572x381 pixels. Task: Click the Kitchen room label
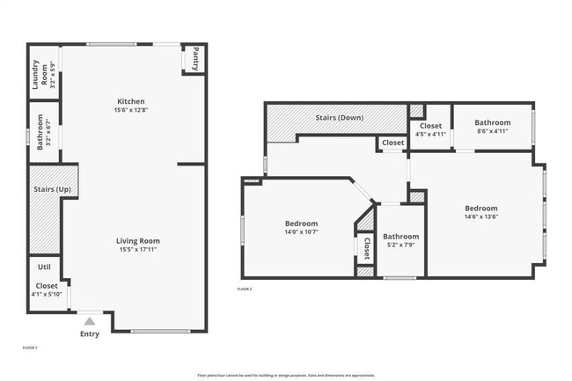[131, 101]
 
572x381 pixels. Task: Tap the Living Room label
[138, 240]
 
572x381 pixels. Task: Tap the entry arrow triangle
[90, 322]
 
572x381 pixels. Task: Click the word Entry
[90, 334]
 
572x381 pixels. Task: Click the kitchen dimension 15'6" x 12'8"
[131, 110]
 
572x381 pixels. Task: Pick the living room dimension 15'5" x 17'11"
[138, 249]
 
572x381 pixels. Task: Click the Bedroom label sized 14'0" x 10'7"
[301, 223]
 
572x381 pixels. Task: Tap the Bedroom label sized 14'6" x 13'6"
[481, 209]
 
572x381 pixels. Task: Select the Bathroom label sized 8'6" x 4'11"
[492, 122]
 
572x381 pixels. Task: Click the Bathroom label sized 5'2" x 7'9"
[400, 236]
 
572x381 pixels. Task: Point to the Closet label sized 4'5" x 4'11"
[431, 125]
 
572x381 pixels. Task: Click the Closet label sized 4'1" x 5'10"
[46, 286]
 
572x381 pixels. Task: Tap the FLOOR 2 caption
[245, 289]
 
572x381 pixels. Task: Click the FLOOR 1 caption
[30, 348]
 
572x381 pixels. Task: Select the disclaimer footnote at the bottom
[285, 375]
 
